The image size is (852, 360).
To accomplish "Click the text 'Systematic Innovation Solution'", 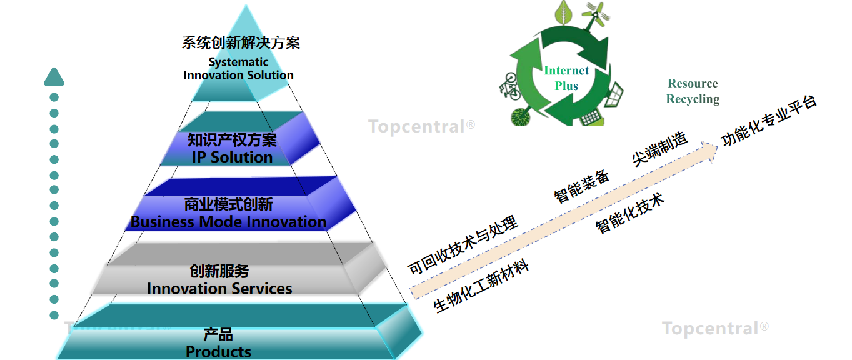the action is coord(239,68).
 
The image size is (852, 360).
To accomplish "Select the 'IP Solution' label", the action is coord(232,157).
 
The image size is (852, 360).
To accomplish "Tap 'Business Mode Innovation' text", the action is coord(228,222).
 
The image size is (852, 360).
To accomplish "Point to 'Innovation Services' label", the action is coord(219,289).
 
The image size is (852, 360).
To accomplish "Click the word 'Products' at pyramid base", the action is coord(218,352).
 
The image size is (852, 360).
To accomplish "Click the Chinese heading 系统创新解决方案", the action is coord(241,42).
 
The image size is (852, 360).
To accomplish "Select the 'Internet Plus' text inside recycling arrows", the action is coord(566,78).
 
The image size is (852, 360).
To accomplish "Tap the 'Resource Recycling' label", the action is coord(693,91).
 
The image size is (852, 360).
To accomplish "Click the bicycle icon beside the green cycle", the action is coord(509,87).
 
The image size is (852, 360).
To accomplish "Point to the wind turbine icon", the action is coord(595,16).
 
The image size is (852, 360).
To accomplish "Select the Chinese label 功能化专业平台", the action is coord(769,121).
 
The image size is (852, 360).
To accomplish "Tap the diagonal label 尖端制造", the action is coord(660,149).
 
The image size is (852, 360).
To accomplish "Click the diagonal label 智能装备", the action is coord(581,186).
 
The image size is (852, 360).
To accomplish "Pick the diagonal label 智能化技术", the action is coord(630,213).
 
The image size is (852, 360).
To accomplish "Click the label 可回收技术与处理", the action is coord(463,245).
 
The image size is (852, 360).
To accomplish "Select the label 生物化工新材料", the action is coord(481,286).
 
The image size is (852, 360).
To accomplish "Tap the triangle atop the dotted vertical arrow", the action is coord(54,76).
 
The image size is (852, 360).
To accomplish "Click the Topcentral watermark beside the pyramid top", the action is coord(421,127).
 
